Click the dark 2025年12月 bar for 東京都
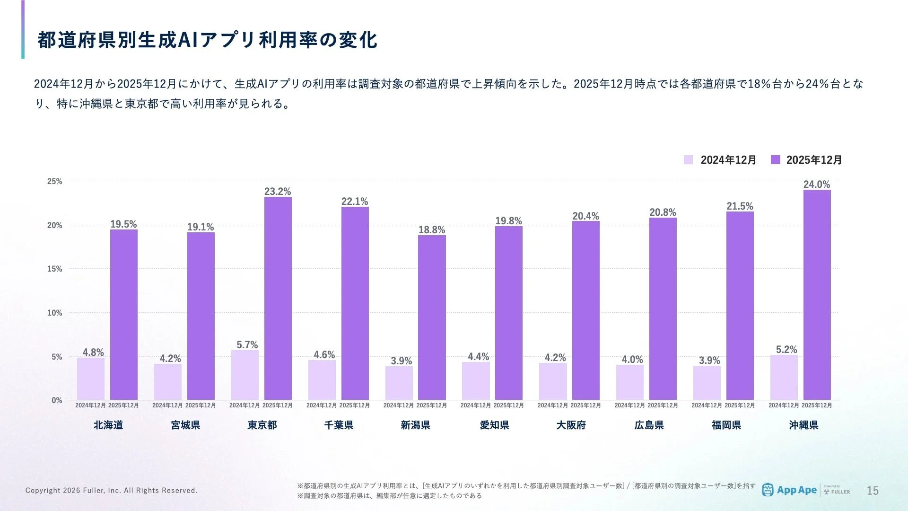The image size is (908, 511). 278,298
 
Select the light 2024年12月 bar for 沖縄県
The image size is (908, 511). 784,377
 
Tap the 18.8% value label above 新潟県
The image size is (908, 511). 431,230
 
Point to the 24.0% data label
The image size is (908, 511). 817,185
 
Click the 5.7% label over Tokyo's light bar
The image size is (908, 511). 247,345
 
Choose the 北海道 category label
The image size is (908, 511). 108,425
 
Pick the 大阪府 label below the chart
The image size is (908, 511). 571,425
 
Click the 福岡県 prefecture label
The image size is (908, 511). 726,425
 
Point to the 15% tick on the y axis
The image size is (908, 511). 54,269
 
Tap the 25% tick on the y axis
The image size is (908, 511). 54,181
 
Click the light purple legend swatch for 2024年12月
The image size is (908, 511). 688,160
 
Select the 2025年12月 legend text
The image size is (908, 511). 814,160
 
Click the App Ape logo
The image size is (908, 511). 789,490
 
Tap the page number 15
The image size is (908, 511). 873,491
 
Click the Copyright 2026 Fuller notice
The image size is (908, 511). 111,491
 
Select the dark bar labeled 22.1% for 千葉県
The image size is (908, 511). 355,303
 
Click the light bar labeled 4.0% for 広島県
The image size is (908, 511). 629,382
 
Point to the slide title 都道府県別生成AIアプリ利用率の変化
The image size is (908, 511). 207,40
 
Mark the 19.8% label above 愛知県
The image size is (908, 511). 508,221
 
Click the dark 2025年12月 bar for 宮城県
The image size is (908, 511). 201,316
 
